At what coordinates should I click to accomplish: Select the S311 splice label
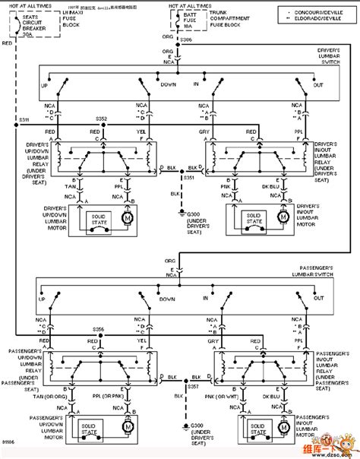click(24, 120)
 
